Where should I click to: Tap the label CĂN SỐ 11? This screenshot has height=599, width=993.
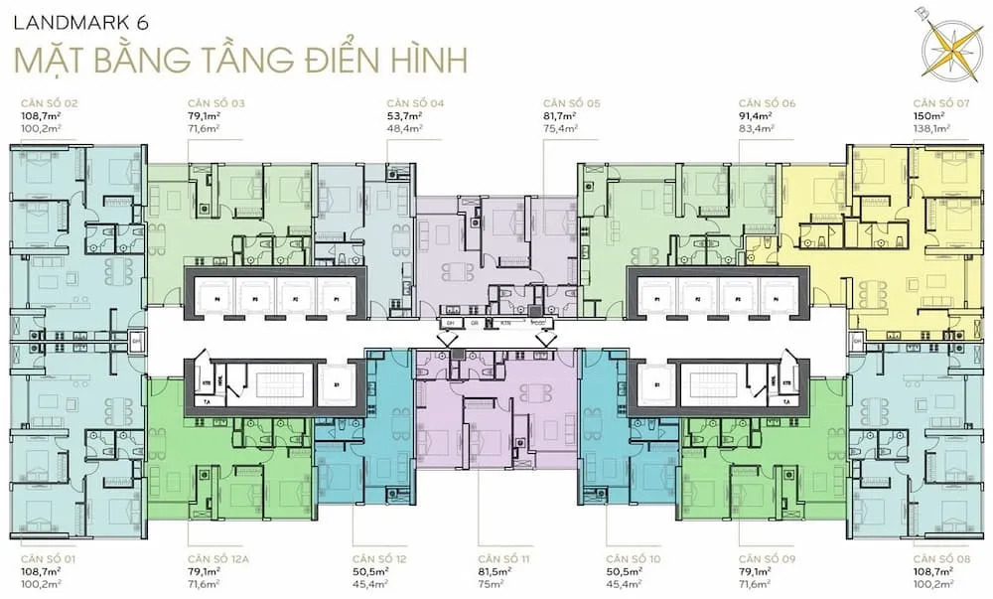pos(502,559)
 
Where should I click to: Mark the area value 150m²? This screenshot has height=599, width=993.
pos(929,116)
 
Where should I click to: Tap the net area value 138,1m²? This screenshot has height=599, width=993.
pos(931,128)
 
